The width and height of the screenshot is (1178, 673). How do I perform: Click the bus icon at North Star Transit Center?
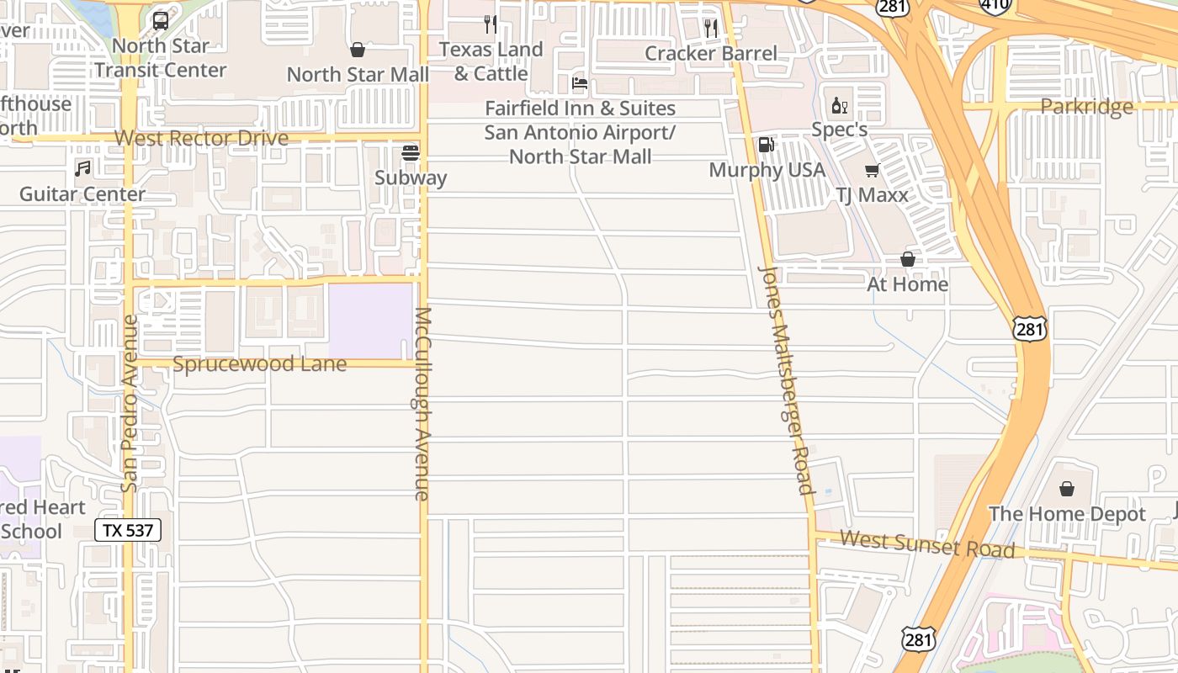[161, 20]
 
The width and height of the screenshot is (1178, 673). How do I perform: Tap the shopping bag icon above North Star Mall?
[358, 50]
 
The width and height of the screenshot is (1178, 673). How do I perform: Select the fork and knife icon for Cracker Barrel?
[711, 29]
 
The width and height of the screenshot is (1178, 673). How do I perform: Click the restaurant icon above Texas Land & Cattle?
[491, 24]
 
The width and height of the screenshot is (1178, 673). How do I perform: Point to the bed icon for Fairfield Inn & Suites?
[580, 83]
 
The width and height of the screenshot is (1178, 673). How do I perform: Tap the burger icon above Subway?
[411, 153]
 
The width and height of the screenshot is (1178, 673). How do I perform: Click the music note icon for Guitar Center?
[82, 168]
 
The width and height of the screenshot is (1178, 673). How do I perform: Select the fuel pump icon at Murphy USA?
[767, 145]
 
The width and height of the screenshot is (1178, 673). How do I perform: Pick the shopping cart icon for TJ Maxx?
[872, 170]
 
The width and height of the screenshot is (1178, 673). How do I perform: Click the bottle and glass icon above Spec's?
[839, 105]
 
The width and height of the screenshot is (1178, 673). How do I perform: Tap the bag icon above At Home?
[908, 259]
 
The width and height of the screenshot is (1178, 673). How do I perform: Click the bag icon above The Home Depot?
[1067, 489]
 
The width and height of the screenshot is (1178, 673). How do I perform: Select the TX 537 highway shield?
[128, 530]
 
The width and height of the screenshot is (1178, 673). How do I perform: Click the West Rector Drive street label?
[201, 138]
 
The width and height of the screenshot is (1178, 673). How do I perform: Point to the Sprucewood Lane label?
[259, 364]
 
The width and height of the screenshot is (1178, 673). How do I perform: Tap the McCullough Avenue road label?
[422, 404]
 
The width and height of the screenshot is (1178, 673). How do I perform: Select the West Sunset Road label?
[926, 543]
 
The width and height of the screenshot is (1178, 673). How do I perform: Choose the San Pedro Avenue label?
[129, 404]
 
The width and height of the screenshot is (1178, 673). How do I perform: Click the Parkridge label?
[1086, 107]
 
